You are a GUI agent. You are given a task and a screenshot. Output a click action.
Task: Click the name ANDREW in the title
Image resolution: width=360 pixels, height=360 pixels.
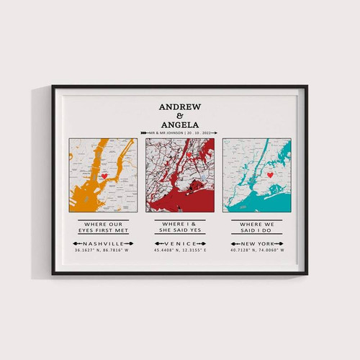[x=180, y=107]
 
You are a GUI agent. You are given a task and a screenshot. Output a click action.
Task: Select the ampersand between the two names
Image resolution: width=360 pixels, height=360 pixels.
[x=180, y=116]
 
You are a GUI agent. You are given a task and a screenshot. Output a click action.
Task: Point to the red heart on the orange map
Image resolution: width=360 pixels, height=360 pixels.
[x=104, y=176]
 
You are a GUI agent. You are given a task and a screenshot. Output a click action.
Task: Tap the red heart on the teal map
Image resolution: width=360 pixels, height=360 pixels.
[x=270, y=174]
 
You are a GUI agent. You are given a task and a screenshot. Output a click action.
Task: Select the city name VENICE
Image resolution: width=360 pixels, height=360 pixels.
[x=180, y=244]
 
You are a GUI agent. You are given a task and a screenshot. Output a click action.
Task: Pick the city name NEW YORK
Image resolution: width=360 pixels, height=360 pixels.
[x=257, y=244]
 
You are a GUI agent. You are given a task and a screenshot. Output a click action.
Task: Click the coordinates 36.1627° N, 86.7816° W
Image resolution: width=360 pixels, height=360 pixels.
[x=102, y=252]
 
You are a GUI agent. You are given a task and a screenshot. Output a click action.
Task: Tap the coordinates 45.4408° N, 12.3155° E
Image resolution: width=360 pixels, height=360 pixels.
[x=180, y=252]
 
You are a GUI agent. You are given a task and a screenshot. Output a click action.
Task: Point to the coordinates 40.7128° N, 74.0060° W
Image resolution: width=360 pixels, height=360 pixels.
[x=257, y=252]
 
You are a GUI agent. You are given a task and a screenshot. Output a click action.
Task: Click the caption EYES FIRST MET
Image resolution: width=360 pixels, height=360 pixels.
[x=102, y=232]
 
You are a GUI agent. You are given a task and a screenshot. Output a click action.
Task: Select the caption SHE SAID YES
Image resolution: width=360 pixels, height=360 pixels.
[x=180, y=232]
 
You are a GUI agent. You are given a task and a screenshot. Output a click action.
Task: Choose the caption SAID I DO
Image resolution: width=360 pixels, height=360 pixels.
[x=257, y=232]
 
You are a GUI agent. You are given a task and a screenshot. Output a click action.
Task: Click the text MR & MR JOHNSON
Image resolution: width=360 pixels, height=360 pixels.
[x=165, y=132]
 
